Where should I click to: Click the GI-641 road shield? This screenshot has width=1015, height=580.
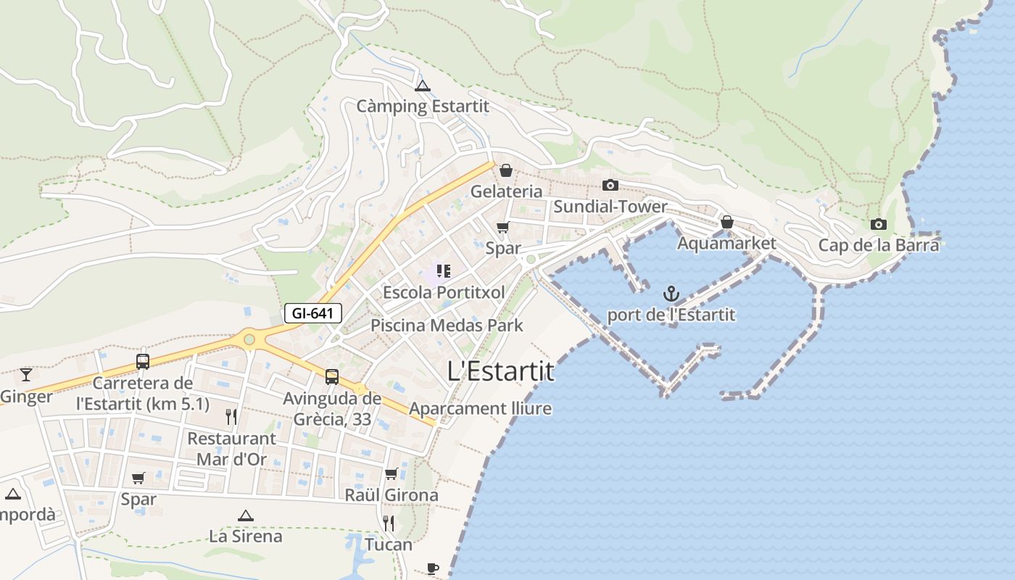[x=312, y=313]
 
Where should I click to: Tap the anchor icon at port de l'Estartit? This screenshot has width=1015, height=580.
[x=671, y=294]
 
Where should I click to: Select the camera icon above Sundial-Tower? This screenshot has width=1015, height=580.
[x=610, y=186]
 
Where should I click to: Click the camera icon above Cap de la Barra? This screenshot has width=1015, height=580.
[x=879, y=224]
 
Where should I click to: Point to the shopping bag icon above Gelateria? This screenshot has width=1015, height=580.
[x=506, y=170]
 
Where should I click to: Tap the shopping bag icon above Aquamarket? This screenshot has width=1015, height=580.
[x=726, y=222]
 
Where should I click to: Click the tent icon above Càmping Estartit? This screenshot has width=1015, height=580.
[x=423, y=86]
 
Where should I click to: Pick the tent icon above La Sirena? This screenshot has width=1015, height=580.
[x=245, y=515]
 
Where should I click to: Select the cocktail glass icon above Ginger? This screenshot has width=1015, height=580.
[x=26, y=374]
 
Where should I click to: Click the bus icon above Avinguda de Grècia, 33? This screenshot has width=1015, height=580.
[x=331, y=376]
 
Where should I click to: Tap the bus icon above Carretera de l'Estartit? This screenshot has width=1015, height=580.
[x=143, y=361]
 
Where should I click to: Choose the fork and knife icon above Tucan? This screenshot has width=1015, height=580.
[x=389, y=523]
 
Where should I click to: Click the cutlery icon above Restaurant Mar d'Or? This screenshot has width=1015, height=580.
[x=231, y=416]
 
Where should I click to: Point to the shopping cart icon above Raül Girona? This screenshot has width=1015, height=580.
[x=391, y=474]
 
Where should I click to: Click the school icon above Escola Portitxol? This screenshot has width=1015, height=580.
[x=443, y=272]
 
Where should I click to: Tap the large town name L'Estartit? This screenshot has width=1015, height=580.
[x=501, y=371]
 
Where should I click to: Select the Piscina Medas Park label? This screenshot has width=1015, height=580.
[x=447, y=326]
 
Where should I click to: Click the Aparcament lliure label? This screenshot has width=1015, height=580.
[x=480, y=409]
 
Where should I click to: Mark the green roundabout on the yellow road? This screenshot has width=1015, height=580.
[x=249, y=338]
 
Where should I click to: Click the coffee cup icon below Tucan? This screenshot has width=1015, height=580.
[x=433, y=568]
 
